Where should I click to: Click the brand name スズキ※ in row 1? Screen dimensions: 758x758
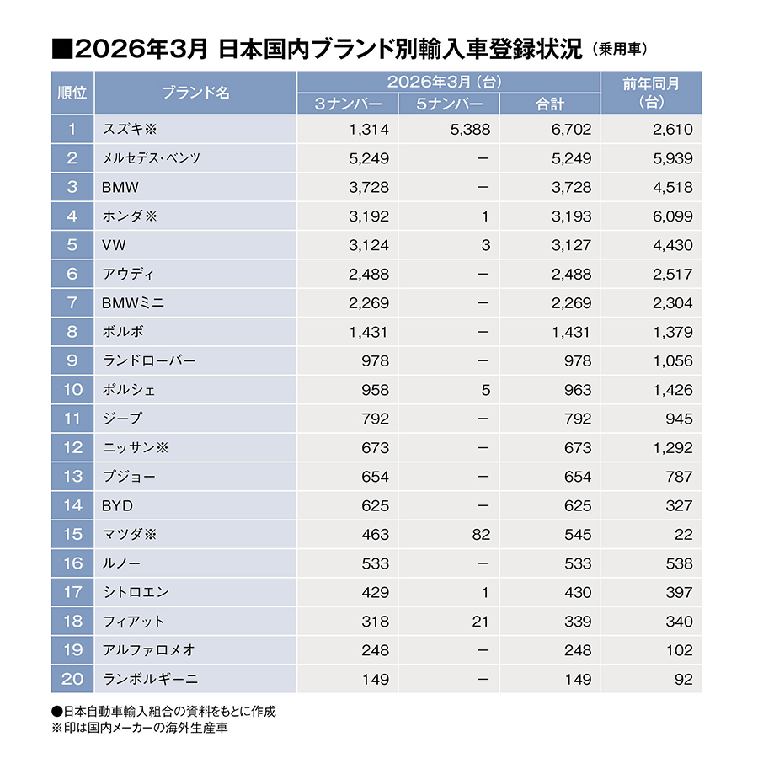point(130,129)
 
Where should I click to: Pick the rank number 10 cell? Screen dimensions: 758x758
point(72,390)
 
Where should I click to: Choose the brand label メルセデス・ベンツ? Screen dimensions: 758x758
point(151,158)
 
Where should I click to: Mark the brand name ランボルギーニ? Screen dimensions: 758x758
point(151,679)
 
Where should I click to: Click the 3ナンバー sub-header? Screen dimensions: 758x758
point(348,104)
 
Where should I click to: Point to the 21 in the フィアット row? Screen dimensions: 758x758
point(480,622)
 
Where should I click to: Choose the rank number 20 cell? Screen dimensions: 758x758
point(72,679)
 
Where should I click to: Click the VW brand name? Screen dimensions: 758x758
point(115,245)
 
